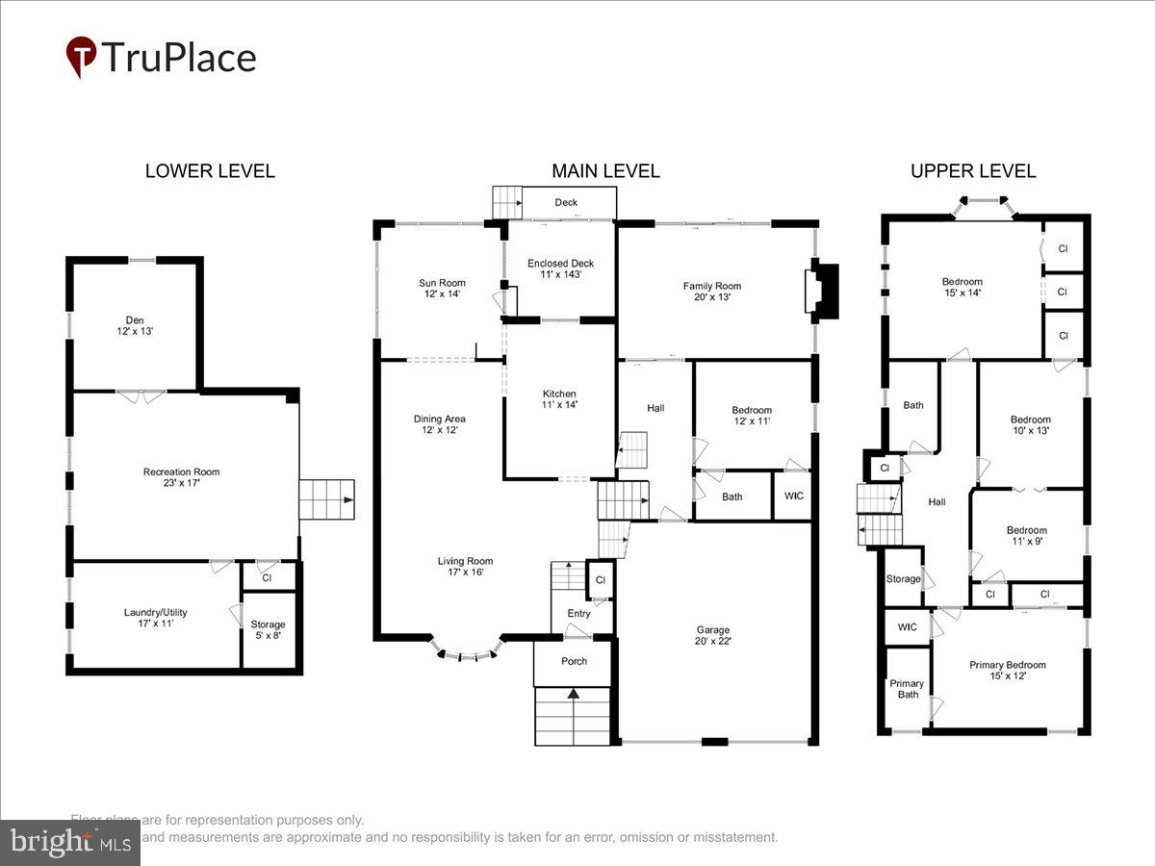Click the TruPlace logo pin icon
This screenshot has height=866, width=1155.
pos(81,56)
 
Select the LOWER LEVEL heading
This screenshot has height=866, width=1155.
pos(210,171)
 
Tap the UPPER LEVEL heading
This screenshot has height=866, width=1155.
pos(973,171)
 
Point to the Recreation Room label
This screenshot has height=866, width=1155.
pos(181,477)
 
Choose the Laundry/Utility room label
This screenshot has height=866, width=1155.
pos(154,617)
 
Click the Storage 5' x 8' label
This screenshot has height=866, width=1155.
pos(268,630)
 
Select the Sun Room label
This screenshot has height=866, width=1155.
pos(441,288)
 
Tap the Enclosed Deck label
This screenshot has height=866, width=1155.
pos(560,268)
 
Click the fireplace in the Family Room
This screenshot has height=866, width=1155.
pos(822,290)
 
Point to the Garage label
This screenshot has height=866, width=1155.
pos(713,635)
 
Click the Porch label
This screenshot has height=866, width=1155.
pos(574,661)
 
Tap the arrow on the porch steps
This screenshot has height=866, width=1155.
pos(574,693)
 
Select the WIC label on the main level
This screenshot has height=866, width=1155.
pos(793,497)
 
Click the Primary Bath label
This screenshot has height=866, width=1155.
pos(905,689)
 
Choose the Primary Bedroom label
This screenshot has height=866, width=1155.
pos(1007,670)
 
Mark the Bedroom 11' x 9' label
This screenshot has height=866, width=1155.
pos(1026,536)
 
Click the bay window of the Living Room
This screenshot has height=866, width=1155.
pos(468,653)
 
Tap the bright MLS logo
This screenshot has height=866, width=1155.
pos(69,843)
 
